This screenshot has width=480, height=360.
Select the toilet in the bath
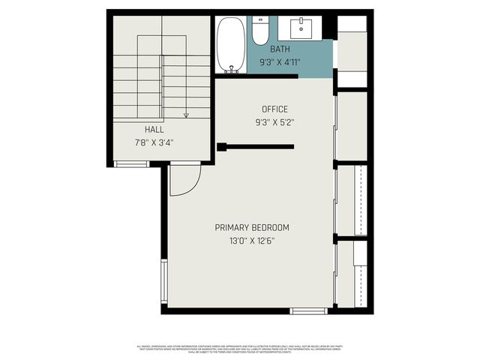tap(261, 31)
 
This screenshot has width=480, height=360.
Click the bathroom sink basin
tap(305, 28)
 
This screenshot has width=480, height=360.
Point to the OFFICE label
tap(274, 109)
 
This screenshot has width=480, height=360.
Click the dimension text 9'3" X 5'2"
tap(274, 122)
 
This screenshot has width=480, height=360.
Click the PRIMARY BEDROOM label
tap(251, 228)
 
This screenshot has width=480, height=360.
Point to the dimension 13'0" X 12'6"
tap(251, 241)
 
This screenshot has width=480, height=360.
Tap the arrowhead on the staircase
tap(186, 115)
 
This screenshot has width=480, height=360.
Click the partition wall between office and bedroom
tap(256, 147)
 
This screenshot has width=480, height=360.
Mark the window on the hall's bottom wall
tap(131, 163)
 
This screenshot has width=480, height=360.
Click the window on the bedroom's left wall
tap(163, 281)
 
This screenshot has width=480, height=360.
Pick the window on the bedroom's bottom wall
tap(308, 310)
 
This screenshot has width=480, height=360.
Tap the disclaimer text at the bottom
tap(240, 349)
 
